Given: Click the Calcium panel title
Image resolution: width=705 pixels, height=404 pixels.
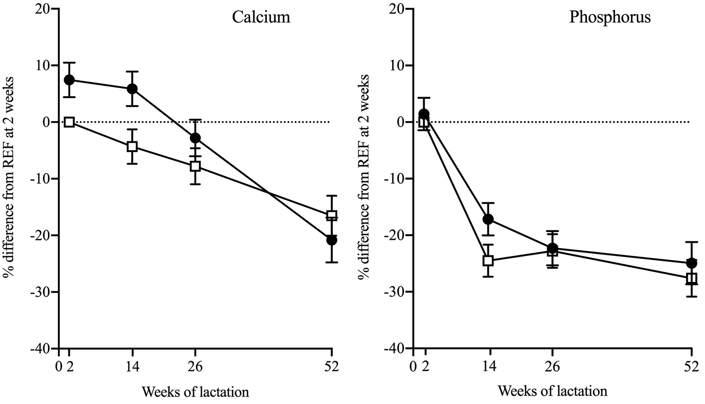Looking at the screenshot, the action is coord(261,17).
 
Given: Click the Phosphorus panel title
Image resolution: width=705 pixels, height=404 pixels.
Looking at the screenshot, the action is coord(610,17).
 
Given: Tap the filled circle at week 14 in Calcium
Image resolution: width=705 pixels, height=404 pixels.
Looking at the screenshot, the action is coord(132,89).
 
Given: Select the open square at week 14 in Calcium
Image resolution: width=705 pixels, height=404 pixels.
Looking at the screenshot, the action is coord(132,146).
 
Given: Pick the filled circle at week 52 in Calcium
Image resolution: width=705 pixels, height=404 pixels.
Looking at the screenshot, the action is coord(332,240).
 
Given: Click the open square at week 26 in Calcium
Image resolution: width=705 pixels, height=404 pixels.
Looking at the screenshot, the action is coord(195,166).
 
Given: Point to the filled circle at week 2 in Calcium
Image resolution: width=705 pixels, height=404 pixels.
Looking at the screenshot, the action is coord(69,80).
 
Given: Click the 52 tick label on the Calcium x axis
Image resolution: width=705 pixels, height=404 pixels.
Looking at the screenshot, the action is coord(332,367).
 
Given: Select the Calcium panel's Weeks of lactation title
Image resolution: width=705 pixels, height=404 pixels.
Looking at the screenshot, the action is coord(195,392).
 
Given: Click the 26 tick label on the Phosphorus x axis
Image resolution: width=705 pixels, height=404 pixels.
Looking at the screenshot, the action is coord(552,367).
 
